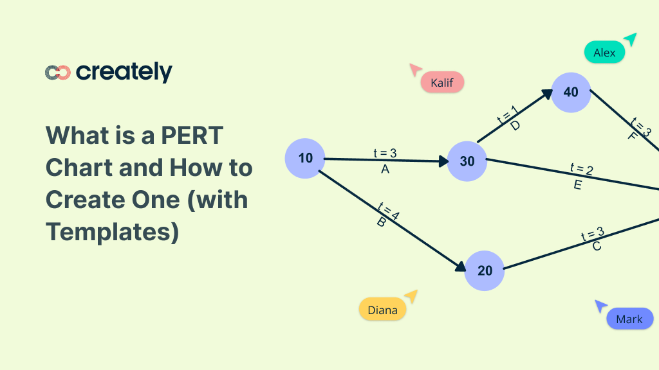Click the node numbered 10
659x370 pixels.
(304, 158)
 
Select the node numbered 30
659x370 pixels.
(467, 161)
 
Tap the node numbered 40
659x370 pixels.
(571, 92)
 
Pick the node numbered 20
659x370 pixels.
(485, 270)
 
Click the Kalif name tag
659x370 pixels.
(441, 83)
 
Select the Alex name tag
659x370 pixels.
(604, 53)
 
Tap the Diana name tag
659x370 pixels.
(382, 310)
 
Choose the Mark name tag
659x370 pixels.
(629, 319)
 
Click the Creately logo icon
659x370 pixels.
(57, 73)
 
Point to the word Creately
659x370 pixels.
(124, 72)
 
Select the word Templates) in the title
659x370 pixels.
(112, 231)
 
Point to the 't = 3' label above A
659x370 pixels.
(385, 154)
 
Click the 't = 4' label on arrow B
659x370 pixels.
(389, 211)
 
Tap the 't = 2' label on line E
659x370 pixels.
(582, 170)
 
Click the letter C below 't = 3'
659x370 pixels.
(597, 246)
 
